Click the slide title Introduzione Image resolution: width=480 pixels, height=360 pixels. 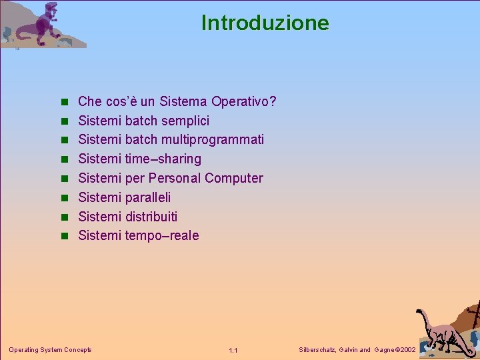[x=265, y=23]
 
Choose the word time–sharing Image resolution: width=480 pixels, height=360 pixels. [x=163, y=159]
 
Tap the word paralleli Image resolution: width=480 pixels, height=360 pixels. [x=147, y=197]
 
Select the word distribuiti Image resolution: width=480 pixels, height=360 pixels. [x=151, y=217]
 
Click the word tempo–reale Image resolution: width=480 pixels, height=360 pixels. [x=161, y=235]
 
